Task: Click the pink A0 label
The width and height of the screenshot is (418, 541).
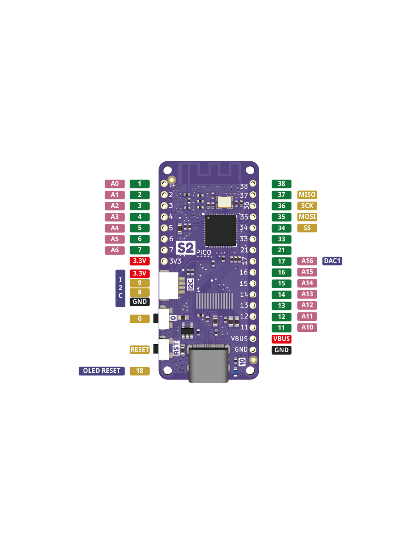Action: (114, 184)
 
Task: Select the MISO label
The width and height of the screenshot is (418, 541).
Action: (307, 195)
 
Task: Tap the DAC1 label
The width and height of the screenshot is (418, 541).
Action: (332, 261)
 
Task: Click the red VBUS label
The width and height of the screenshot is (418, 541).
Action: (281, 339)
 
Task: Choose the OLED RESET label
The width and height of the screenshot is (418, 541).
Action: (101, 371)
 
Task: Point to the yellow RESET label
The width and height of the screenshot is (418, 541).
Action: (139, 350)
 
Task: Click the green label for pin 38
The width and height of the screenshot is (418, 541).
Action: (281, 184)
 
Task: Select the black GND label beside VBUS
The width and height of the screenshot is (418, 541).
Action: (281, 350)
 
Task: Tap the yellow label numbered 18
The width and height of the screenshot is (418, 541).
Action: (139, 371)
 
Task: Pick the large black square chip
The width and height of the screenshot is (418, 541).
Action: (221, 230)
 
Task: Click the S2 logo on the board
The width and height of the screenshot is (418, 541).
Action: (186, 248)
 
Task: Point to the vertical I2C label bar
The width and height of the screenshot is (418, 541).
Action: (120, 288)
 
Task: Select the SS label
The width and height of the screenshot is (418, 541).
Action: (307, 228)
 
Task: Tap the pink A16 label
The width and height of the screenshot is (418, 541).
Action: (307, 261)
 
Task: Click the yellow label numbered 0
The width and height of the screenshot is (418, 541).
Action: (139, 319)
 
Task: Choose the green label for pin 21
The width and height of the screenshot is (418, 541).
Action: (281, 250)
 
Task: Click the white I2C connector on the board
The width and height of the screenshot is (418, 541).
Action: (169, 285)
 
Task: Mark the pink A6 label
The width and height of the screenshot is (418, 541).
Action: (114, 250)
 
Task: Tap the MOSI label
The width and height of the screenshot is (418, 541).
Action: (307, 217)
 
